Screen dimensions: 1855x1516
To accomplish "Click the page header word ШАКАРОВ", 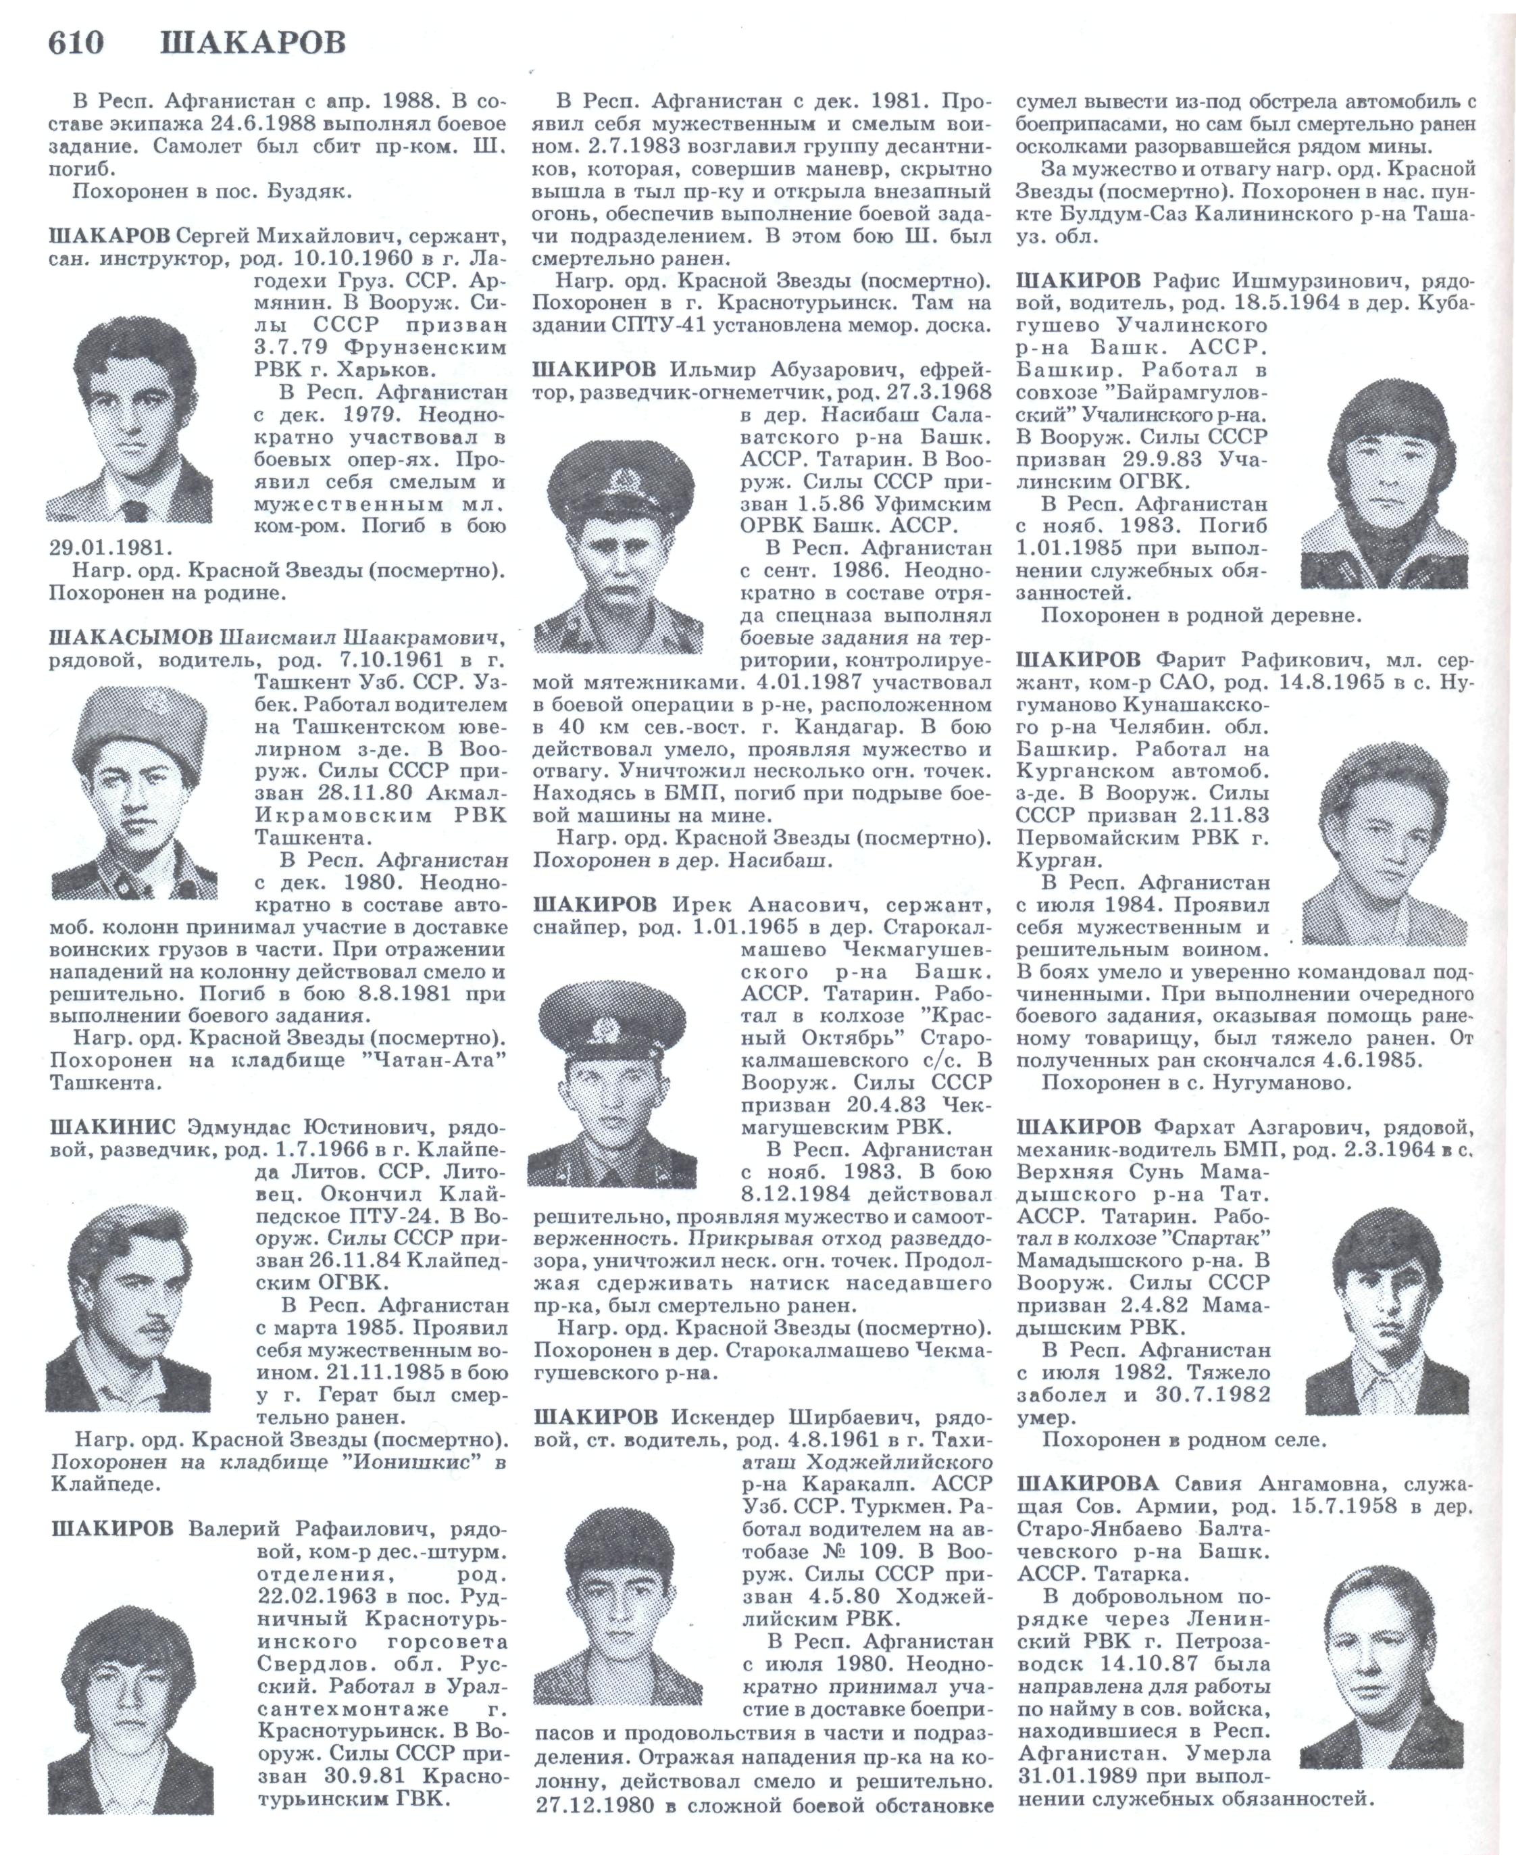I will (253, 42).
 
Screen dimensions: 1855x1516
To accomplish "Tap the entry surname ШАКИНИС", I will (113, 1127).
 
